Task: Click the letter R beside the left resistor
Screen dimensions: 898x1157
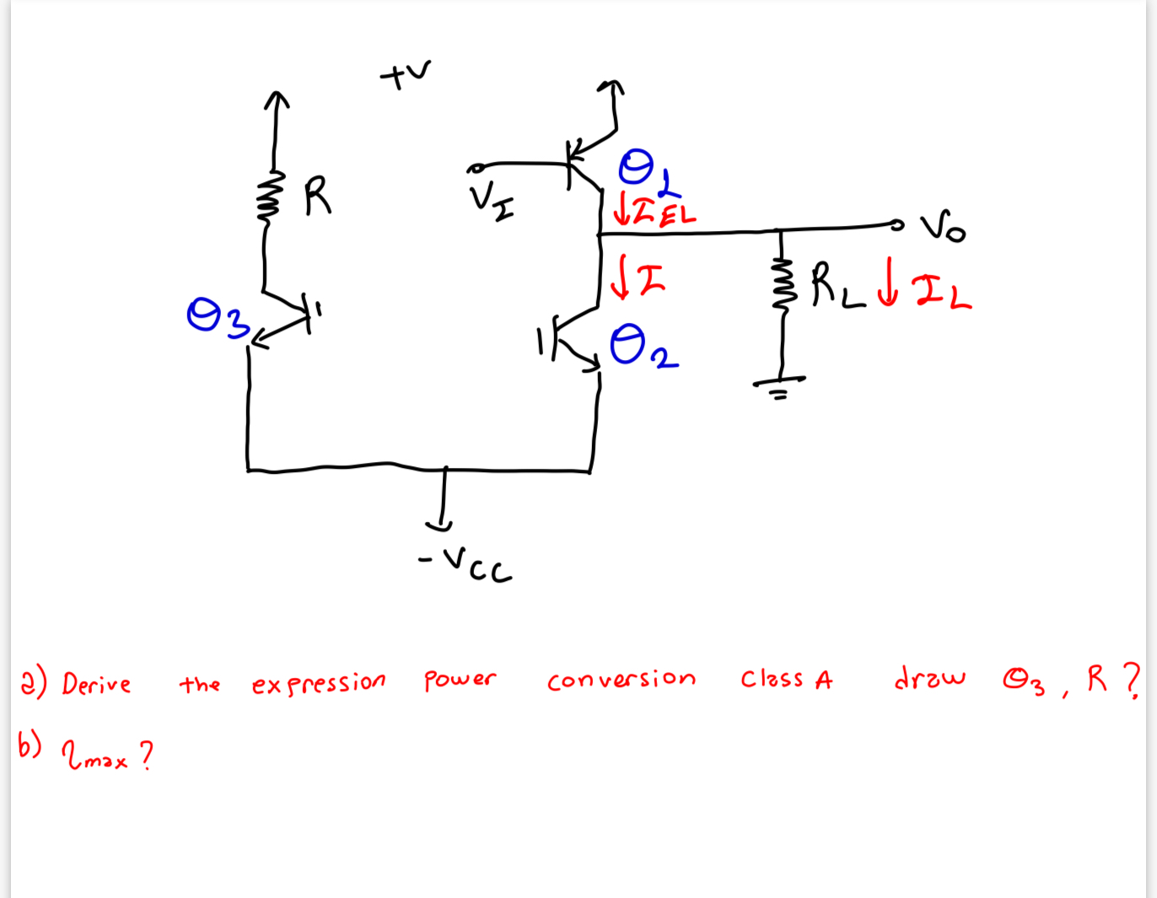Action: [x=317, y=196]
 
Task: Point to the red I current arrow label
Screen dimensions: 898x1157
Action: [x=638, y=278]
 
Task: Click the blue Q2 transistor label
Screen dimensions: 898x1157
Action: [x=643, y=347]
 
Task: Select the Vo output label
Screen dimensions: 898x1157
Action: [x=943, y=228]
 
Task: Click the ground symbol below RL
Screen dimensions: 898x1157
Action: [x=779, y=386]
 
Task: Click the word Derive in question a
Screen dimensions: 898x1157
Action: [x=96, y=683]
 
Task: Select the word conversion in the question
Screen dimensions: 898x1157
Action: [x=621, y=680]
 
